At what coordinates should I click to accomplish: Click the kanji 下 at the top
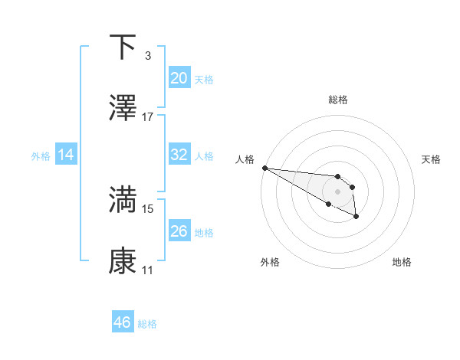pos(123,48)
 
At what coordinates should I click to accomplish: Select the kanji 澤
pos(123,109)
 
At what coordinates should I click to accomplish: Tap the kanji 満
pos(123,200)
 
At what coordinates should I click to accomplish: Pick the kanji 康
pos(123,261)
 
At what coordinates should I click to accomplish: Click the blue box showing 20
pos(179,78)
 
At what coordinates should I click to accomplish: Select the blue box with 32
pos(179,155)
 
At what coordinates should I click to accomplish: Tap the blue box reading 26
pos(179,231)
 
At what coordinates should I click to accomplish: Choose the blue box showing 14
pos(66,155)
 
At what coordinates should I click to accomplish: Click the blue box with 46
pos(123,322)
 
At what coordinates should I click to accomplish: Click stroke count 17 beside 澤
pos(148,117)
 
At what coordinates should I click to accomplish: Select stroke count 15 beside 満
pos(148,208)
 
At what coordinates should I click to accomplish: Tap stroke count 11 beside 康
pos(148,270)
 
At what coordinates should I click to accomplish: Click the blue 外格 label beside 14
pos(41,155)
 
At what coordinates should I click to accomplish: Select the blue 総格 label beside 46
pos(147,323)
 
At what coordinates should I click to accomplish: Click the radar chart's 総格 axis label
pos(338,100)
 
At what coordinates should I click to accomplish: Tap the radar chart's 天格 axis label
pos(432,159)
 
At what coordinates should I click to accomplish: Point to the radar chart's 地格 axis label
pos(402,262)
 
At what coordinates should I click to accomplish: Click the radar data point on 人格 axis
pos(264,168)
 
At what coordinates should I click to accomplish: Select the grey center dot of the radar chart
pos(337,191)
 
